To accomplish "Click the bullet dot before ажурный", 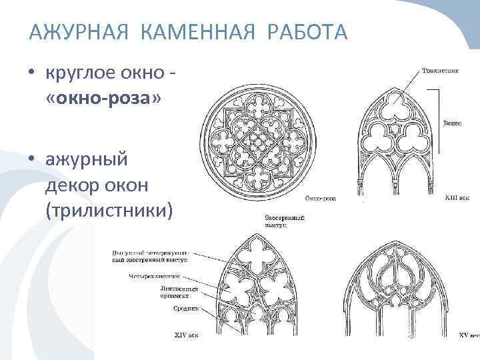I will point(32,160).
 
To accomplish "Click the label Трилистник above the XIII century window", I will point(439,70).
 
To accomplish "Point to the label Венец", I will point(452,123).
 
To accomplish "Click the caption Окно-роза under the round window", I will point(320,198).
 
